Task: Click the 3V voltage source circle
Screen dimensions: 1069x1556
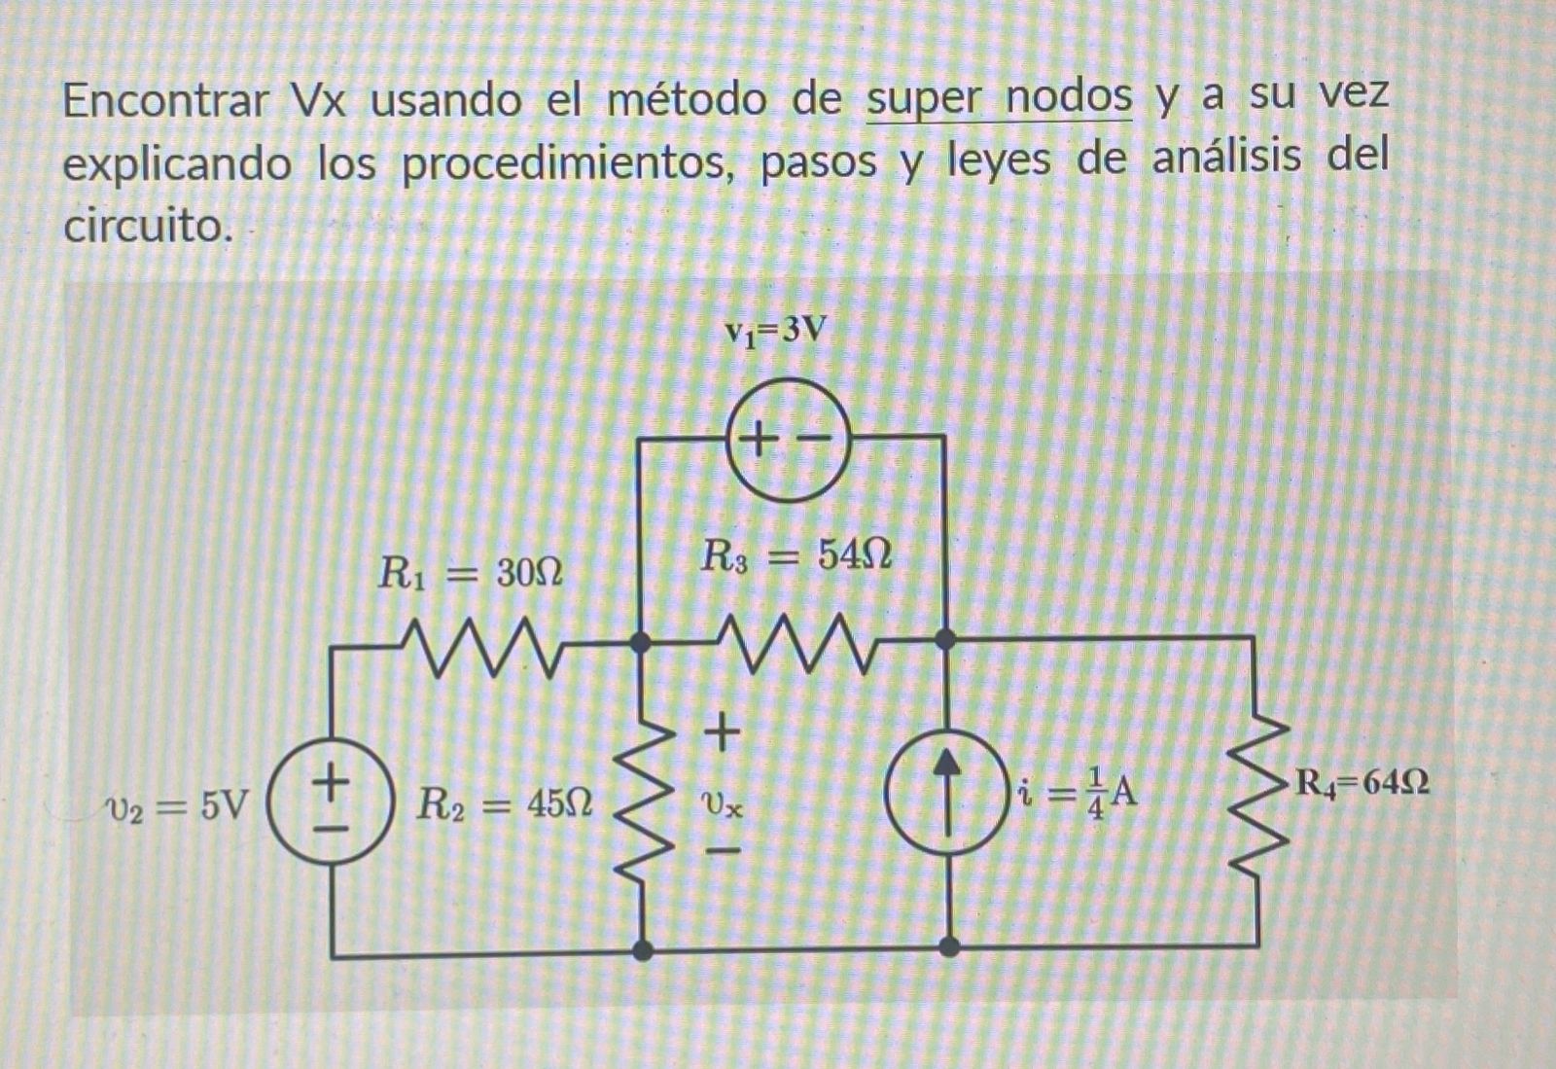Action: tap(789, 443)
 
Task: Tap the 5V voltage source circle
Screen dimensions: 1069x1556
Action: tap(331, 806)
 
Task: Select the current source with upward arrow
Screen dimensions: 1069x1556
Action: tap(948, 791)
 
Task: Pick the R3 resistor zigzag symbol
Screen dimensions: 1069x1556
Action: tap(796, 641)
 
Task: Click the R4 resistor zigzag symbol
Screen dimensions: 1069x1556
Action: tap(1255, 795)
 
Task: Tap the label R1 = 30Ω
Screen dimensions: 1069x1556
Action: tap(470, 573)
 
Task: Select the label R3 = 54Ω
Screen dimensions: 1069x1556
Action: tap(796, 555)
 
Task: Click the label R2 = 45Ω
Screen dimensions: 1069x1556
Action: tap(504, 804)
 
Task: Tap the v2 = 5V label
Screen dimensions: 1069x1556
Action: tap(177, 805)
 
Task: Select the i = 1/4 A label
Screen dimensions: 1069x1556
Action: tap(1077, 794)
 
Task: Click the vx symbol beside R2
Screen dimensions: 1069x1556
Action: tap(722, 804)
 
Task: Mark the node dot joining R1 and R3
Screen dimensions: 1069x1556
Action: tap(640, 642)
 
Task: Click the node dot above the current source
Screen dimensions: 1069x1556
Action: tap(944, 640)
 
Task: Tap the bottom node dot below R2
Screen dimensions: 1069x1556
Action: tap(642, 949)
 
